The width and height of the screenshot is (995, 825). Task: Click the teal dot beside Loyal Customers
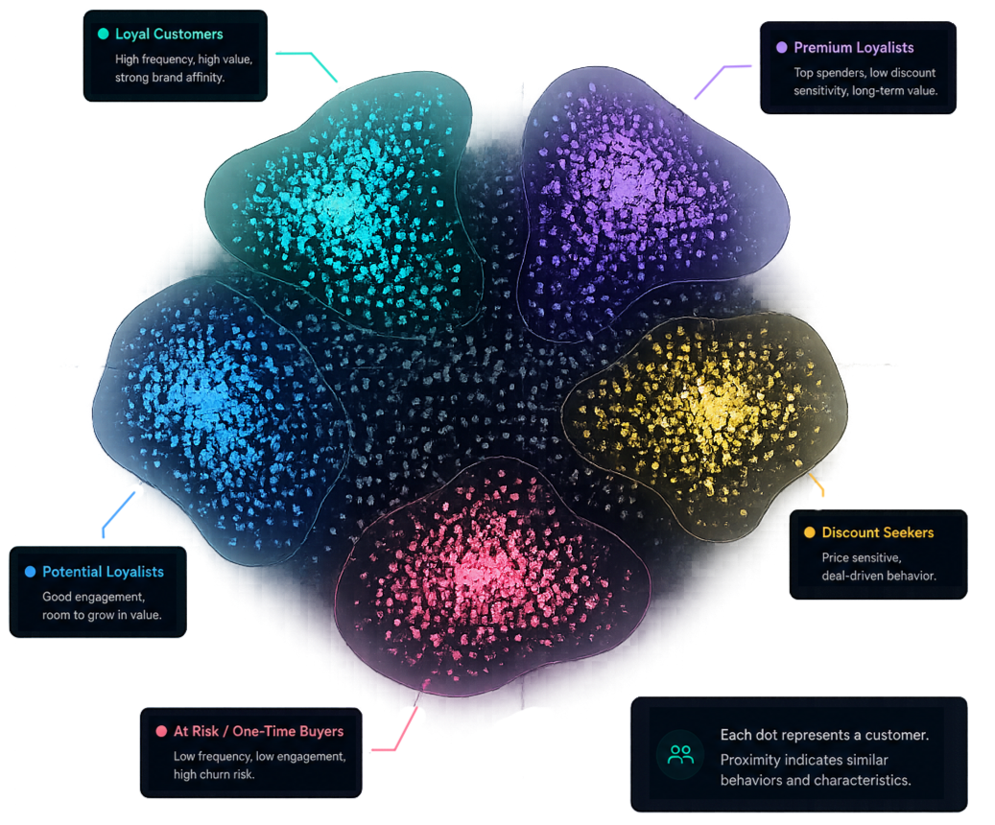coord(104,34)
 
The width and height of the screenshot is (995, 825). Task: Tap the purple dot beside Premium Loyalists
coord(782,47)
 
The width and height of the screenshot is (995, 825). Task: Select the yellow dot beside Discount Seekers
coord(810,531)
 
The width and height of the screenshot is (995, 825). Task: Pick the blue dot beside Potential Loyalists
coord(30,571)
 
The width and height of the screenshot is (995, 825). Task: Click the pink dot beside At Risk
coord(161,731)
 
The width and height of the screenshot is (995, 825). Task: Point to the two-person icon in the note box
coord(681,755)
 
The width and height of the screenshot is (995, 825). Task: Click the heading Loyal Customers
coord(169,35)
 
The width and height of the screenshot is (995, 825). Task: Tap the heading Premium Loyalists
coord(854,48)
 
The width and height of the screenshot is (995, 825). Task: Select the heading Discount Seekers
coord(878,532)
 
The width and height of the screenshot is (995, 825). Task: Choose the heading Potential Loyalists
coord(103,572)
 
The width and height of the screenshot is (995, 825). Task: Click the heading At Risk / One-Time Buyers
coord(258,731)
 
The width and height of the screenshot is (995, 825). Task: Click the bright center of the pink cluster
coord(479,568)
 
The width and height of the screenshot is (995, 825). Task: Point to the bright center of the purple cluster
coord(621,181)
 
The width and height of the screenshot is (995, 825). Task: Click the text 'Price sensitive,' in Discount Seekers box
coord(861,557)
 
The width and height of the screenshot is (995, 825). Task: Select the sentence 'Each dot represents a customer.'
coord(824,735)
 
